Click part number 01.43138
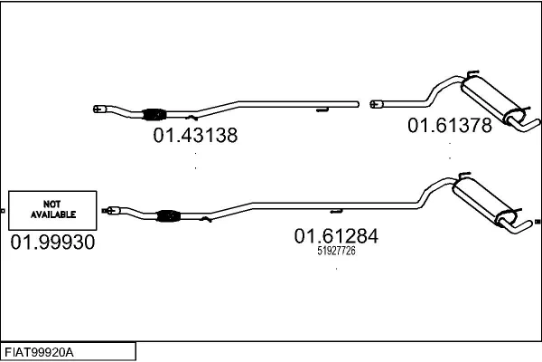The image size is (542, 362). [x=195, y=135]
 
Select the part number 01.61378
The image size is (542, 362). [x=450, y=125]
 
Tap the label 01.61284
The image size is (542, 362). [x=336, y=236]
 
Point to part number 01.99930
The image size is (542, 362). [x=52, y=243]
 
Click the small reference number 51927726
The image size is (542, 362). [x=336, y=251]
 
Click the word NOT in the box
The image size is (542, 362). [x=52, y=204]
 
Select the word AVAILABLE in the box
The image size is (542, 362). [x=53, y=214]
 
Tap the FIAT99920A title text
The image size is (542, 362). [x=39, y=353]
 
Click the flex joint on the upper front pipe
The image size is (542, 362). [x=154, y=114]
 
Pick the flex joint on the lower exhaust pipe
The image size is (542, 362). [x=169, y=215]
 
